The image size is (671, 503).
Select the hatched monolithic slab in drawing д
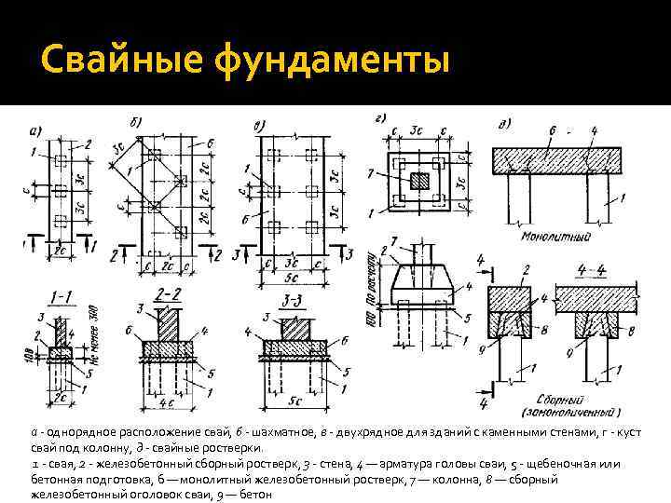556,157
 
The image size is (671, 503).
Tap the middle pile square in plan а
58,193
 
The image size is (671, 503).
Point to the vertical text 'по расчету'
371,275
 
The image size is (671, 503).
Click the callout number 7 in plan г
373,173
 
